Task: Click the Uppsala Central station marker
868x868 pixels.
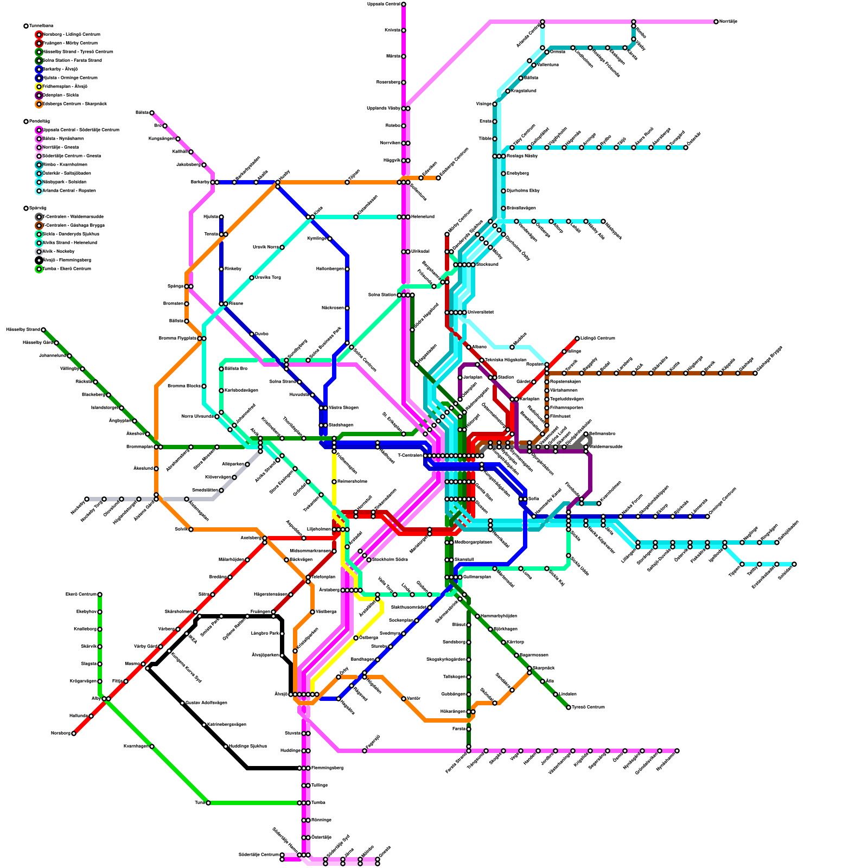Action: coord(404,4)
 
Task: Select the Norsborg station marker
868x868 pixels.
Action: coord(74,733)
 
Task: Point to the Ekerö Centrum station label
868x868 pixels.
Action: coord(81,595)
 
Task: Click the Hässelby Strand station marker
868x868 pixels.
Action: coord(43,330)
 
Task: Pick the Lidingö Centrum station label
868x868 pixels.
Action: coord(598,339)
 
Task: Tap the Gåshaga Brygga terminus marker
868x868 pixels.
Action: coord(755,373)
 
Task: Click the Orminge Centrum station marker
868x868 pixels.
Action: coord(707,516)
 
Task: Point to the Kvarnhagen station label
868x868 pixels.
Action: coord(136,746)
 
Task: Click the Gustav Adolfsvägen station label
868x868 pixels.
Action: coord(206,703)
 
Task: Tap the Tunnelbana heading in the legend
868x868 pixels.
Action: coord(41,26)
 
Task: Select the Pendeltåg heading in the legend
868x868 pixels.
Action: coord(40,122)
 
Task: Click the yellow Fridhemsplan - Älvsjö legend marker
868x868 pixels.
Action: coord(39,87)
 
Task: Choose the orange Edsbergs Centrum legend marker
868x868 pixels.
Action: coord(39,104)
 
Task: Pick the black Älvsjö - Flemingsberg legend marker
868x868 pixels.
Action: coord(39,260)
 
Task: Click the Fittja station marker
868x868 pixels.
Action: coord(126,681)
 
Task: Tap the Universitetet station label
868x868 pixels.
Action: coord(481,312)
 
